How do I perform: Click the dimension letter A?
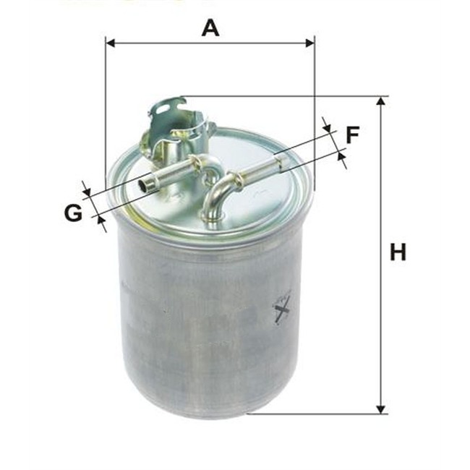click(x=210, y=28)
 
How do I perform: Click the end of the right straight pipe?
click(x=280, y=163)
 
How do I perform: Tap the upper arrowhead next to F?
click(x=329, y=128)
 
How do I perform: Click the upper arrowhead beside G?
click(x=86, y=190)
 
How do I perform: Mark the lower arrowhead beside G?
click(x=100, y=221)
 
